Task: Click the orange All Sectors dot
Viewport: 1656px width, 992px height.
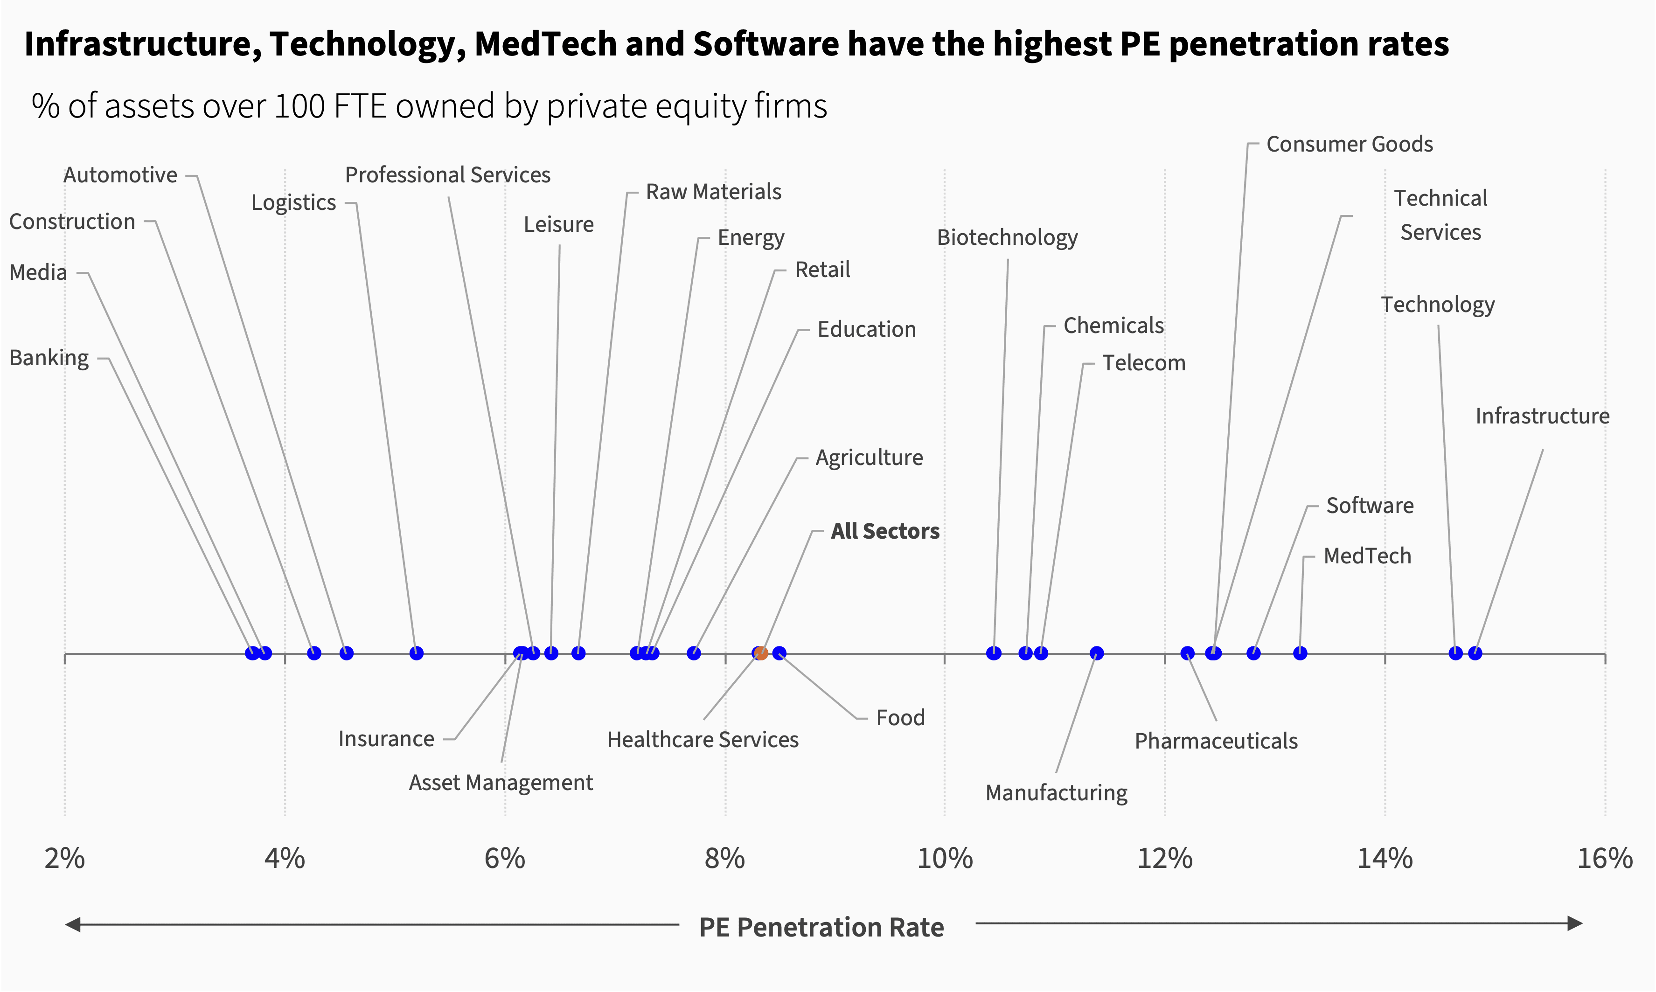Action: (761, 653)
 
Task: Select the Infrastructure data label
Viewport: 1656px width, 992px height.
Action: (1542, 416)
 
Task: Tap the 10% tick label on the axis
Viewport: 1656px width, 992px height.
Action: (944, 858)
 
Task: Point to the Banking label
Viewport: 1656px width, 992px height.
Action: (49, 358)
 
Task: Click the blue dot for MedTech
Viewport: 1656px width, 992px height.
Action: (1300, 653)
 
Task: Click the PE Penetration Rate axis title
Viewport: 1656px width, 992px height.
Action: (821, 927)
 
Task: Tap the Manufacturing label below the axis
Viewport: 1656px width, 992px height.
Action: (1056, 793)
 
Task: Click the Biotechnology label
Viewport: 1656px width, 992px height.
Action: (1007, 237)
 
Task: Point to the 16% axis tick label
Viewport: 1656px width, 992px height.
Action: (1605, 858)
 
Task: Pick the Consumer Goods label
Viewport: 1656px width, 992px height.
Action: (1349, 145)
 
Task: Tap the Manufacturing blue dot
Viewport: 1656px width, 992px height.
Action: (1096, 653)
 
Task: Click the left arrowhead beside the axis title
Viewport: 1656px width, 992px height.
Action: (72, 924)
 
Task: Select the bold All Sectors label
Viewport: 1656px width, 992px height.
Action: (884, 531)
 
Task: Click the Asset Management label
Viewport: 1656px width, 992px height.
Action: (501, 783)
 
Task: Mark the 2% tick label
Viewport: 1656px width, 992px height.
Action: (64, 858)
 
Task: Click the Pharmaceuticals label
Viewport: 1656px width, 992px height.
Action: (1216, 742)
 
